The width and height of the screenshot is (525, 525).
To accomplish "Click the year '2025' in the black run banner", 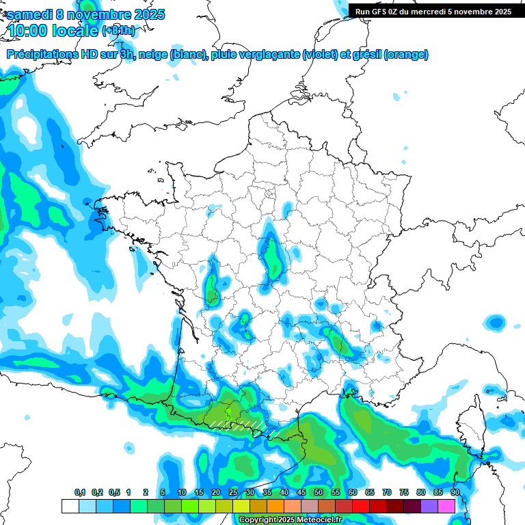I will point(499,11).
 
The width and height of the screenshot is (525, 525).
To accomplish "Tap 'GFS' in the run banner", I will point(380,11).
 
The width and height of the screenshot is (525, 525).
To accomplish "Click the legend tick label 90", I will point(455,493).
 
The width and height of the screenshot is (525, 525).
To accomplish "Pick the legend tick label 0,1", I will point(80,493).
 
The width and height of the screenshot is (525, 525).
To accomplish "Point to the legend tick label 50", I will point(319,493).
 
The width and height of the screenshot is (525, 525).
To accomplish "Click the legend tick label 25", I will point(233,493).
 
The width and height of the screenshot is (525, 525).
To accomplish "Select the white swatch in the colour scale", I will point(70,506).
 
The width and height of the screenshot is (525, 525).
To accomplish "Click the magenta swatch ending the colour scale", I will point(446,506).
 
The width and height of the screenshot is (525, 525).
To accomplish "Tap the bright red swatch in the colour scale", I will point(361,506).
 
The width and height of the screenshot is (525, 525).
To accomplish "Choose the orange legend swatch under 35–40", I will point(275,506).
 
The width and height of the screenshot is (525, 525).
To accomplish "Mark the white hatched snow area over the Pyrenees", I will point(236,425).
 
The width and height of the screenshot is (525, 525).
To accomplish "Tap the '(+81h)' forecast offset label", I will point(118,31).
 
